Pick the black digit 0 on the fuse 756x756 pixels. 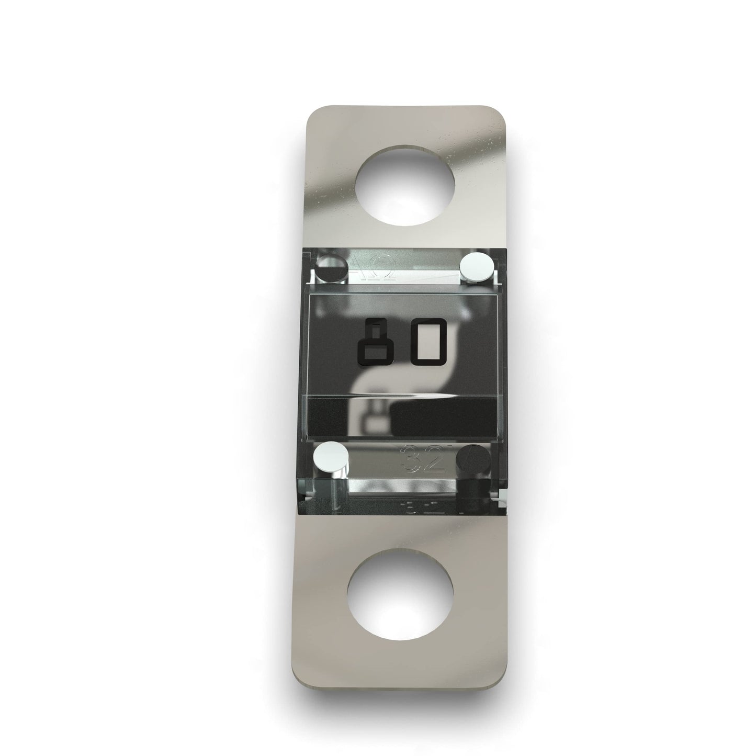429,342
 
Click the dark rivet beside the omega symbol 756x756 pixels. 333,268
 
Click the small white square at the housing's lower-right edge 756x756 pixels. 503,497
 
